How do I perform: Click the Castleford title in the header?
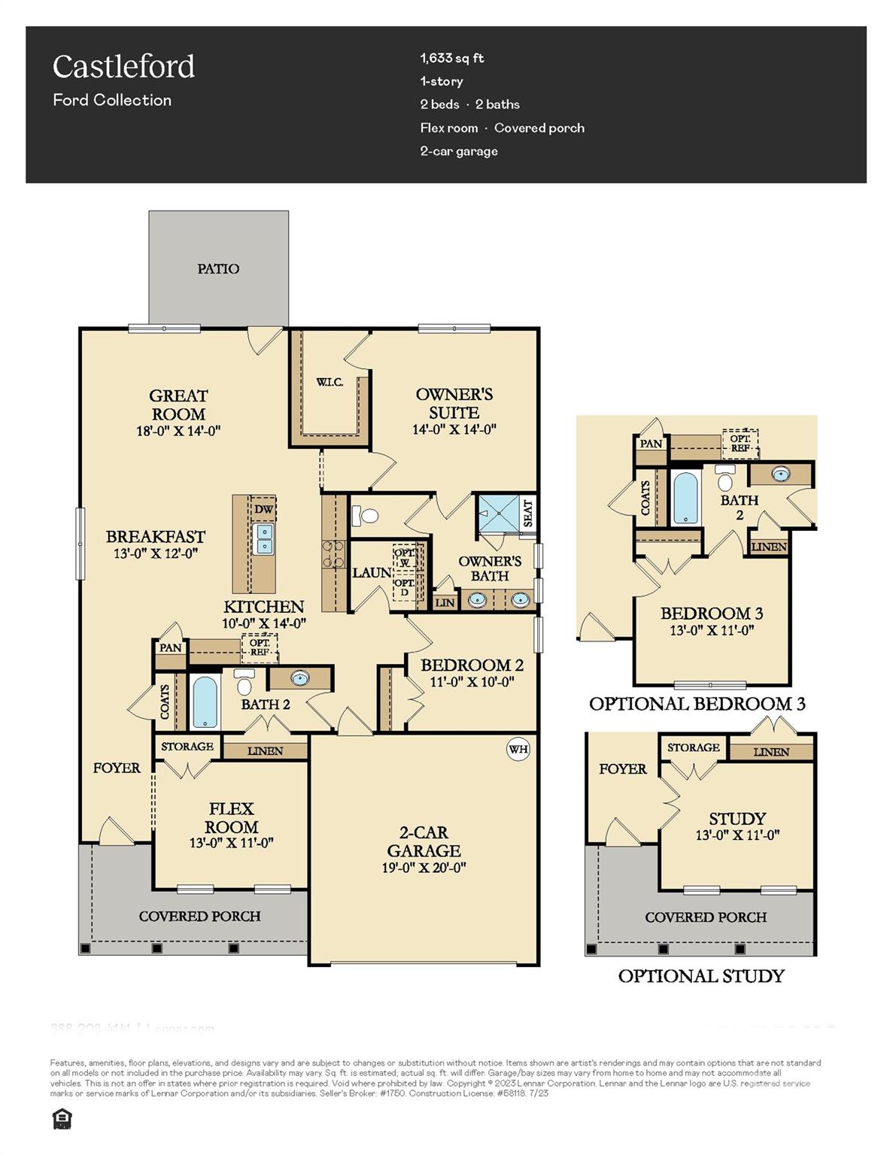point(123,67)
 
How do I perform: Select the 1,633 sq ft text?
point(451,58)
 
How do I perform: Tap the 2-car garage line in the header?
point(459,151)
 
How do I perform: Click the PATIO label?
point(218,268)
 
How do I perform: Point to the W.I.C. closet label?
point(330,382)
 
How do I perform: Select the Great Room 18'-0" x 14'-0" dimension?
point(178,431)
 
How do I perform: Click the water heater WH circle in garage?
point(518,749)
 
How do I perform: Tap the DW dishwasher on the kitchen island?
point(263,509)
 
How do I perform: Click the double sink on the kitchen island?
point(264,538)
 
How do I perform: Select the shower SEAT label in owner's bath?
point(527,513)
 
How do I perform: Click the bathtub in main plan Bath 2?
point(205,702)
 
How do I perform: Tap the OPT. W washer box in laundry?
point(404,557)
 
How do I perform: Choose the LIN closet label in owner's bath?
point(445,602)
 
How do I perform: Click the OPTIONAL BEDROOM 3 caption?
point(697,704)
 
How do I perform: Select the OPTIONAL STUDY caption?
point(701,976)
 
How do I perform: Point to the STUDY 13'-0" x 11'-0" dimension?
point(737,835)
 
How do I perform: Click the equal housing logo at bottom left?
point(62,1120)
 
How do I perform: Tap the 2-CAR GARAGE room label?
point(424,841)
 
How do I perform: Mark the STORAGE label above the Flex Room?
point(187,747)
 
